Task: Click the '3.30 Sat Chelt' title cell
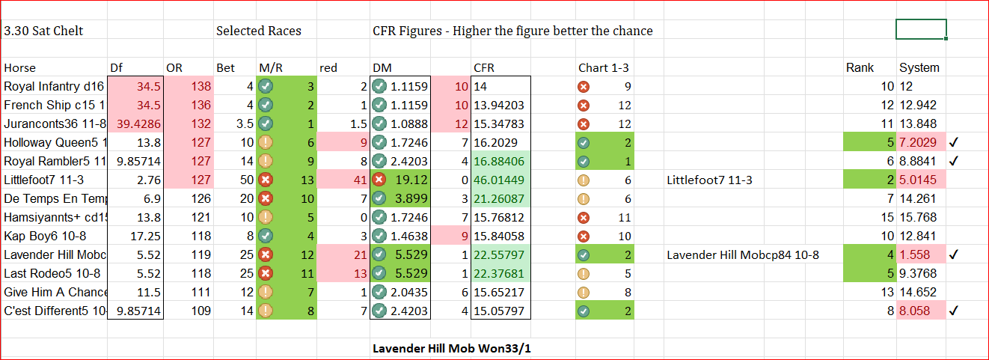coord(43,31)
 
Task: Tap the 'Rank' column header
coord(860,67)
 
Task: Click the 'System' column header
coord(919,67)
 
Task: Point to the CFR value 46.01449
coord(500,180)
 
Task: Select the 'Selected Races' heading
coord(259,31)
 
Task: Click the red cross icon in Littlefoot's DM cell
coord(379,180)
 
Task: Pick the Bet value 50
coord(245,180)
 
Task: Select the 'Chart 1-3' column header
coord(603,67)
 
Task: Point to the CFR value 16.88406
coord(500,161)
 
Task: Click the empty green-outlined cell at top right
coord(920,29)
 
